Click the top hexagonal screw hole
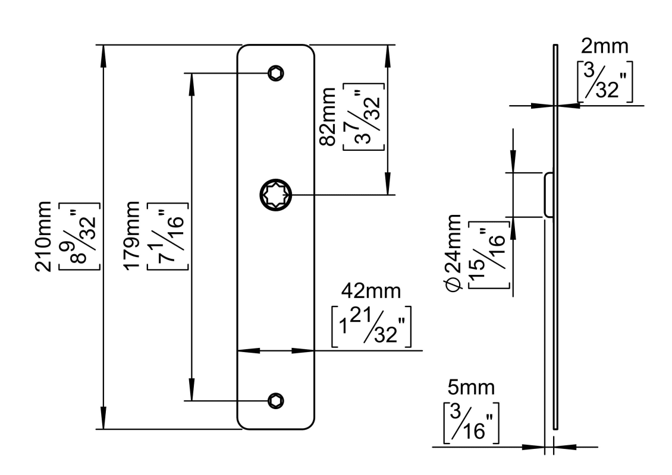(x=275, y=72)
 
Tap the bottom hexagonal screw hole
(x=275, y=401)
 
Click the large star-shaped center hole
(x=275, y=194)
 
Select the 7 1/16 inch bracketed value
(x=166, y=236)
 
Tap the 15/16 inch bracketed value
(x=490, y=252)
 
